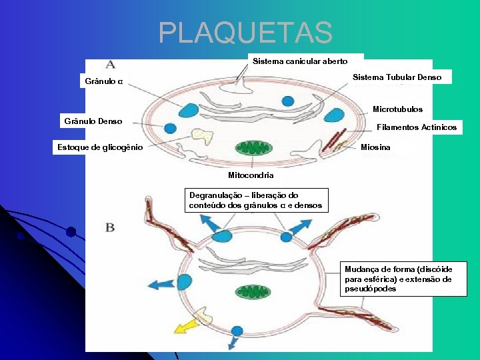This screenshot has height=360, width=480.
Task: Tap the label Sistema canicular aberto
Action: (x=300, y=61)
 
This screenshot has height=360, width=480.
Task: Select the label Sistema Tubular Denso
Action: (x=397, y=77)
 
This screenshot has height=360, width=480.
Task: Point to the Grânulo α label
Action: (x=104, y=82)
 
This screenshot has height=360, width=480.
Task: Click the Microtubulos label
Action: (x=397, y=109)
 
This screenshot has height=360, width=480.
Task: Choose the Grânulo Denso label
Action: (x=93, y=121)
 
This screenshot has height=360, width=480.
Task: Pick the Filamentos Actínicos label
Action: (x=417, y=127)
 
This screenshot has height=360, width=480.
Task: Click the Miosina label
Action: (x=375, y=147)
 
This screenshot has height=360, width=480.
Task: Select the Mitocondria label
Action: (x=251, y=175)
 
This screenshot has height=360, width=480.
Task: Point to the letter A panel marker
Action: (x=110, y=65)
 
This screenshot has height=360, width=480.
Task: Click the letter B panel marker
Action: (x=111, y=227)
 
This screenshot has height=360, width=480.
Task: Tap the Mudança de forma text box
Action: (x=404, y=279)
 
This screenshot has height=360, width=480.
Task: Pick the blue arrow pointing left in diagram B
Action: (x=161, y=284)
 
